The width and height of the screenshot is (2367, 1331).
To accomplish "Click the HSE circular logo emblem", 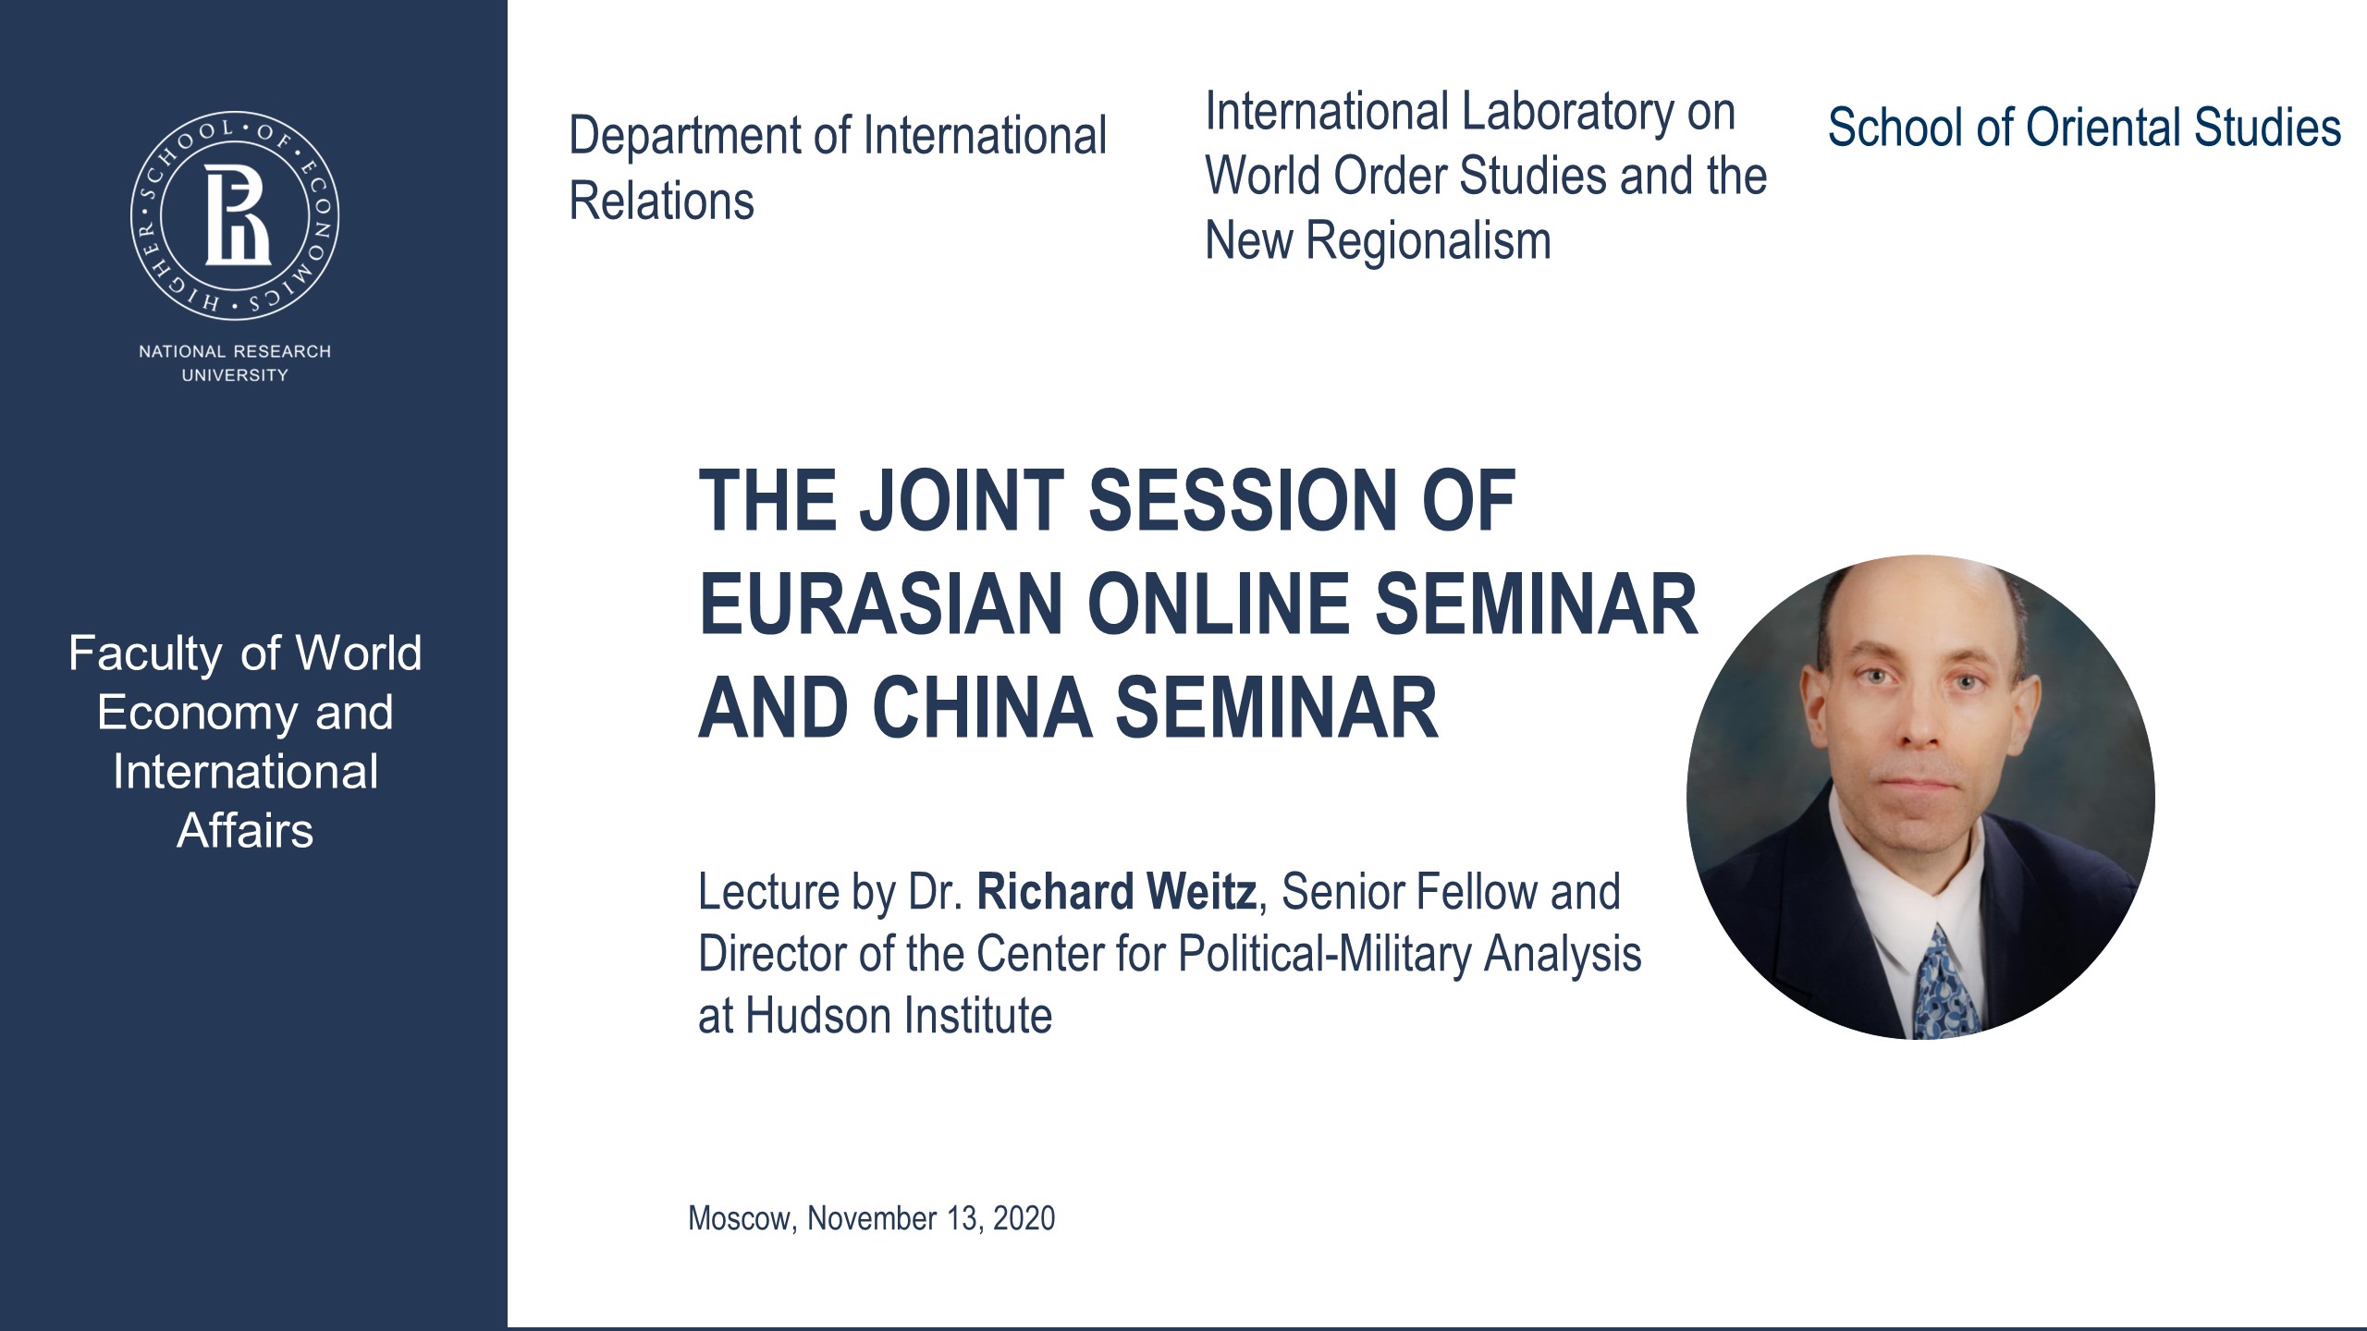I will click(x=235, y=218).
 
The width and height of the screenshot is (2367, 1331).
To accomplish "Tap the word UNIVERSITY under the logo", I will click(x=235, y=375).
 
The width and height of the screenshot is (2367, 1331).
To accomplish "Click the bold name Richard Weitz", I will click(x=1116, y=892).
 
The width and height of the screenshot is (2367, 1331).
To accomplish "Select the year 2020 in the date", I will click(x=1024, y=1218).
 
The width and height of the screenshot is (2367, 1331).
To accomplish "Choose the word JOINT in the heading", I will click(x=962, y=500).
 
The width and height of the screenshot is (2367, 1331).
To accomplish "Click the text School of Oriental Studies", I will click(x=2084, y=128).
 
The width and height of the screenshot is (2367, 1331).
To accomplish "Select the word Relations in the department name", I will click(x=661, y=201).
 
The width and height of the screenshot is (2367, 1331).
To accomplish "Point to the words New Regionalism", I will click(x=1378, y=241).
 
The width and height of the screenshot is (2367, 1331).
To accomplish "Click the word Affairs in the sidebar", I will click(x=245, y=830).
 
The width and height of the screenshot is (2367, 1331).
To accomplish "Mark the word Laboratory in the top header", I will click(x=1568, y=112).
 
